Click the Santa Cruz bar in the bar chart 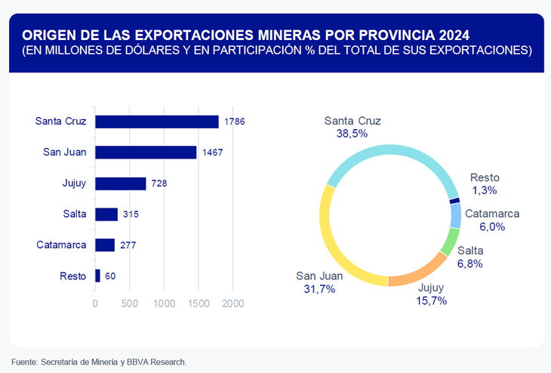(157, 122)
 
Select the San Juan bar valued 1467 (146, 153)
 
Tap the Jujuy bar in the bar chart (120, 183)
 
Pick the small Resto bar (97, 276)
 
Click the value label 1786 (235, 122)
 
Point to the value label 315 (131, 214)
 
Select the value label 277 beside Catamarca (127, 245)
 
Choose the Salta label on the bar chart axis (74, 214)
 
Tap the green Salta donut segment (449, 243)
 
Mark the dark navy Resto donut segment (454, 200)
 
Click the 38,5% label (352, 134)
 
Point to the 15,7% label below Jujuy (432, 301)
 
